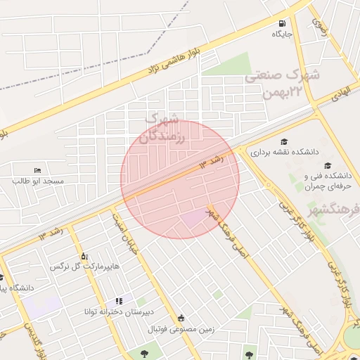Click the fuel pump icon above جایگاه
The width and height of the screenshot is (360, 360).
tap(282, 22)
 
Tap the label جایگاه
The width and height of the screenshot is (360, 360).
tap(283, 33)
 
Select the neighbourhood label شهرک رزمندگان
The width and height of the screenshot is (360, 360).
tap(163, 128)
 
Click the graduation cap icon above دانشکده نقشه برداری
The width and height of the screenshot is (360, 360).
tap(284, 141)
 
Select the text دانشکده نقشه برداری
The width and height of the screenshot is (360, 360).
tap(285, 152)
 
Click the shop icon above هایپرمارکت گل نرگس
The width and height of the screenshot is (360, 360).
tap(84, 256)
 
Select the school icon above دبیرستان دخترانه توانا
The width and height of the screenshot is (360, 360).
tap(119, 301)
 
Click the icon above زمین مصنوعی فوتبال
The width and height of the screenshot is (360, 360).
tap(182, 318)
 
